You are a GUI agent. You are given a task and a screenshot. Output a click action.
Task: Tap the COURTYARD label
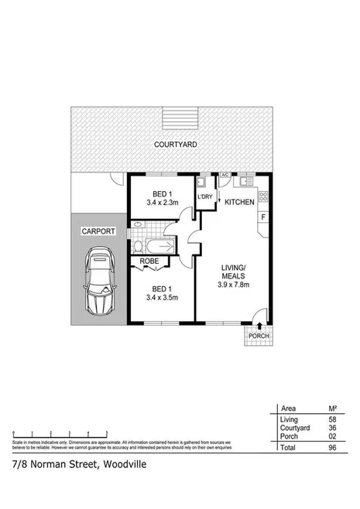[x=174, y=145]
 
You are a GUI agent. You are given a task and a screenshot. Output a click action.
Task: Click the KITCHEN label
[x=240, y=202]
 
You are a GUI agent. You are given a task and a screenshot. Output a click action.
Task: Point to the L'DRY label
[x=205, y=196]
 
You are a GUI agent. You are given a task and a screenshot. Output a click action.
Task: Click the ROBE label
[x=149, y=261]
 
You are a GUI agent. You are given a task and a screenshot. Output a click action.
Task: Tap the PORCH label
[x=259, y=336]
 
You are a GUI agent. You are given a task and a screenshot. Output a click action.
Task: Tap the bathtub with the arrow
[x=161, y=247]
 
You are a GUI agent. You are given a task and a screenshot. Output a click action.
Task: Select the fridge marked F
[x=262, y=219]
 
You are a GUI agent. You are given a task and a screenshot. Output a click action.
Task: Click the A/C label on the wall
[x=225, y=176]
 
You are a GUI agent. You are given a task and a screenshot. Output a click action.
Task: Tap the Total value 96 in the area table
[x=331, y=447]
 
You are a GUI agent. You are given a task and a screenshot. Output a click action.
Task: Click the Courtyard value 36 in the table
[x=331, y=427]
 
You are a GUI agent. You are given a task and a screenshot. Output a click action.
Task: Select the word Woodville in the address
[x=116, y=465]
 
